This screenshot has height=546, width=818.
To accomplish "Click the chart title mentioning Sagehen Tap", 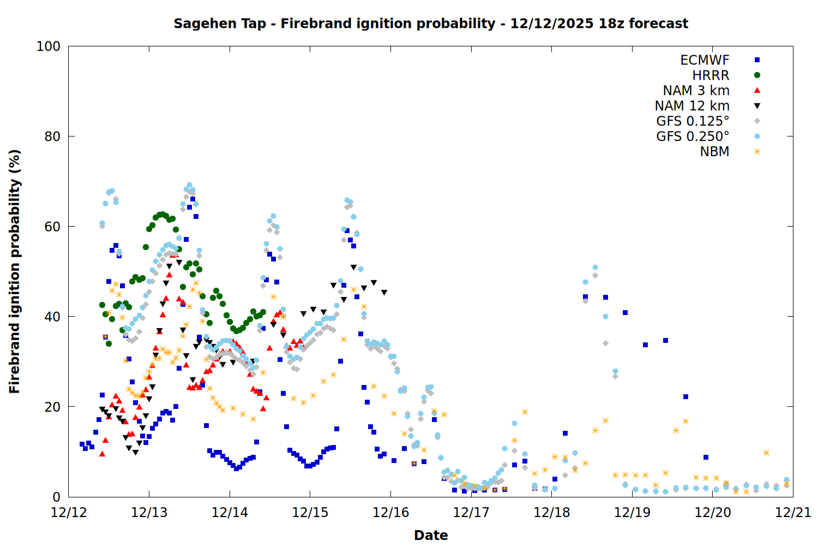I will pos(431,23).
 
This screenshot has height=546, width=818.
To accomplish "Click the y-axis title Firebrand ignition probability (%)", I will pos(15,271).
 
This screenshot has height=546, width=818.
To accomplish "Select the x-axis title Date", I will pos(431,535).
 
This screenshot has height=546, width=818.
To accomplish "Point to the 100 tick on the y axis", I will pos(49,46).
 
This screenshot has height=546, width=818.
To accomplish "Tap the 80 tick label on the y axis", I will pos(52,136).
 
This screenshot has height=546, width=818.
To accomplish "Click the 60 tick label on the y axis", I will pos(52,227).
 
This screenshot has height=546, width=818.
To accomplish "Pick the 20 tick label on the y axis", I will pos(52,407).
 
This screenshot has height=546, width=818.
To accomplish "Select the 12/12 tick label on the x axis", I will pos(69,513).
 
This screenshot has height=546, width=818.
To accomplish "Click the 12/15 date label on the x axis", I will pos(310,513).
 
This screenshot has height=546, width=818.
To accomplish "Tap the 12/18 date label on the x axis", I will pos(552,513).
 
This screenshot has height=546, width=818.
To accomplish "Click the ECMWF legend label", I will pos(705,60).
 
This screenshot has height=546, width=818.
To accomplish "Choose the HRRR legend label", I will pos(711,75).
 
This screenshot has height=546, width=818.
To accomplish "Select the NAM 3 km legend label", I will pos(696,91).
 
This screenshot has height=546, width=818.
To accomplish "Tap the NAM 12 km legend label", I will pos(692,106).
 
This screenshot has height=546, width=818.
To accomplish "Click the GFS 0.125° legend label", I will pos(693,121).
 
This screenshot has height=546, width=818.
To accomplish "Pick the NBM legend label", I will pos(714,152).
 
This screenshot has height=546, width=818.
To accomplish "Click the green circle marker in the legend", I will pos(757,75).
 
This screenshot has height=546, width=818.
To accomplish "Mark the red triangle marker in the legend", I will pos(757,91).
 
